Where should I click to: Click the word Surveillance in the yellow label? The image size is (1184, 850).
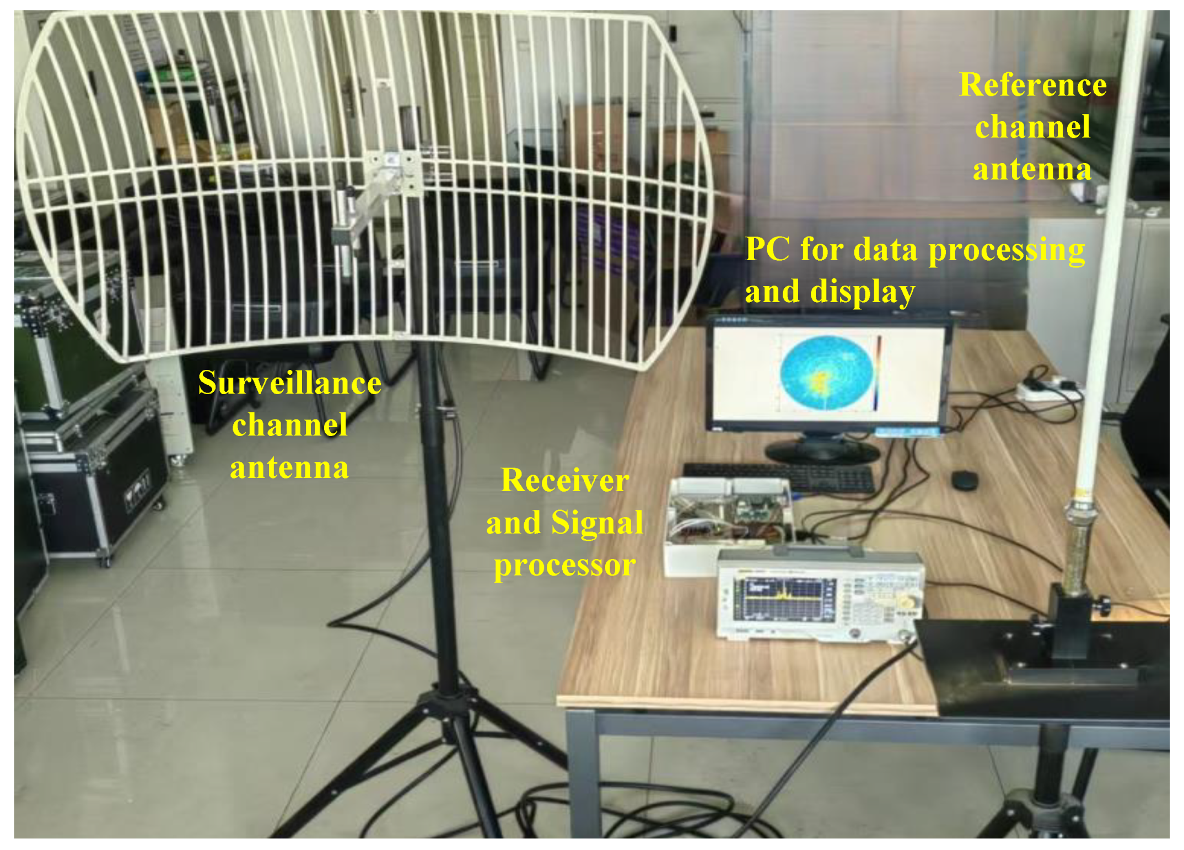(x=289, y=383)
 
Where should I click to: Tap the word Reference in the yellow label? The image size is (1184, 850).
(x=1032, y=85)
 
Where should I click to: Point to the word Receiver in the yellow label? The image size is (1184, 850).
(x=564, y=480)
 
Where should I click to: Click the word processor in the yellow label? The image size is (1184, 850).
(x=564, y=566)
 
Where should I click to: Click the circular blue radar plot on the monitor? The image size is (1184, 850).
(x=826, y=374)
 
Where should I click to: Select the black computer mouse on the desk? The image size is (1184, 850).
(x=964, y=480)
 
